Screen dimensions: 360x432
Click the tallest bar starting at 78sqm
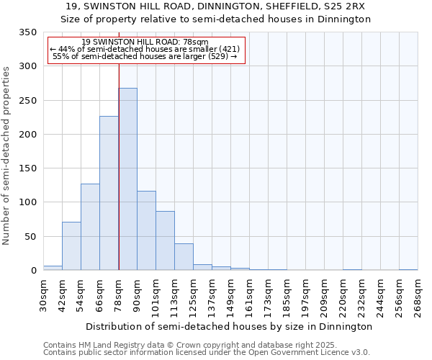127,179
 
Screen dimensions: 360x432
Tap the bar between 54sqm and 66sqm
90,227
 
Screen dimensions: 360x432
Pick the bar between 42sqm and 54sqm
71,246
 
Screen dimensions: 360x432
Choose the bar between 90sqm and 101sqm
146,230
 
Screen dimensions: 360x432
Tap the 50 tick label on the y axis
30,237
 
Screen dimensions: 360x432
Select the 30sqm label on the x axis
43,294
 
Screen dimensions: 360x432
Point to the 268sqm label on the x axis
418,297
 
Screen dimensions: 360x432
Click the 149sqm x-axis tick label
230,297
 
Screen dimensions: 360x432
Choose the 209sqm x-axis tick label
324,297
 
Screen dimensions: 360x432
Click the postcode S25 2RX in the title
343,6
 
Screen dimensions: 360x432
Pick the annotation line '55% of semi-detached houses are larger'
145,56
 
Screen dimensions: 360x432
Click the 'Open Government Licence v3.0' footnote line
207,353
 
